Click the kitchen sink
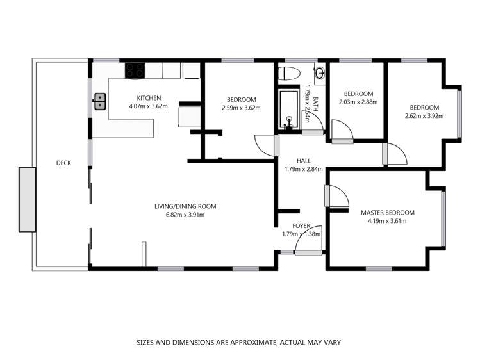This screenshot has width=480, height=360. tap(100, 101)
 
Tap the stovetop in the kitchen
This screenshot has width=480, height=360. tap(135, 70)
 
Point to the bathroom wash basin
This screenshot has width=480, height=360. tap(320, 72)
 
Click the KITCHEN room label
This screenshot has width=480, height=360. tap(144, 98)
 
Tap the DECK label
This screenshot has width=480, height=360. tap(63, 163)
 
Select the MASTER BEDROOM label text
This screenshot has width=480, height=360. tap(387, 213)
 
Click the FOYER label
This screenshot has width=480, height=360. tap(301, 225)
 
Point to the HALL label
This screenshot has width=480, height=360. tap(303, 161)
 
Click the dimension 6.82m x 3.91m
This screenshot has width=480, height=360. tap(185, 215)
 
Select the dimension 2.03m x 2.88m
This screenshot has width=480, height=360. tap(358, 102)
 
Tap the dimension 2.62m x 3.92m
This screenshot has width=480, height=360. tap(424, 116)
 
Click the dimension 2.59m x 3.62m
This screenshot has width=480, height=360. tap(241, 108)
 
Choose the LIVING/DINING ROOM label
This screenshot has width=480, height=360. tap(185, 206)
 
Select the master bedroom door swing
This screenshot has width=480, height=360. tap(336, 197)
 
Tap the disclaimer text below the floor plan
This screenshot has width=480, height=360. tap(239, 343)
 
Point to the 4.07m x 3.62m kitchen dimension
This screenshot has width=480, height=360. tap(144, 107)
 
